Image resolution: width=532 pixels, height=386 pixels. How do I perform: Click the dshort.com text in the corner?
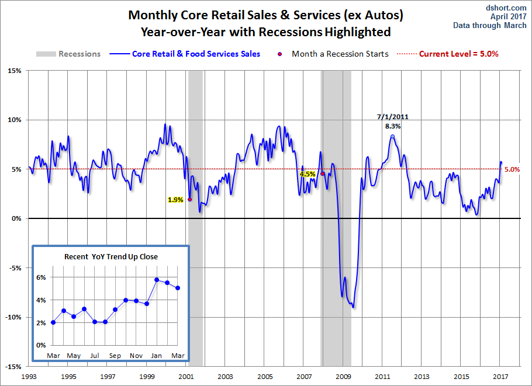tap(506, 8)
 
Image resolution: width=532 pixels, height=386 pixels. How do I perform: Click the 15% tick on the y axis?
tap(13, 71)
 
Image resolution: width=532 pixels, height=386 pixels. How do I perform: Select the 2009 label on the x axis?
tap(344, 377)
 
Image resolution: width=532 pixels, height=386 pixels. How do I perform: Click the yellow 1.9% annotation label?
tap(175, 200)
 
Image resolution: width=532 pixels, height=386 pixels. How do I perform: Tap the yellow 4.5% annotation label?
tap(308, 174)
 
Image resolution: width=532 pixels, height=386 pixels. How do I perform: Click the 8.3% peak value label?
tap(392, 126)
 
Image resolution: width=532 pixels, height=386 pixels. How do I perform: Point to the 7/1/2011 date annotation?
tap(392, 117)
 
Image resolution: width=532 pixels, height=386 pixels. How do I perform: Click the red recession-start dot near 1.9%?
tap(189, 199)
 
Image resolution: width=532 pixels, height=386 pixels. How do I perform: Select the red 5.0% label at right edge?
tap(512, 169)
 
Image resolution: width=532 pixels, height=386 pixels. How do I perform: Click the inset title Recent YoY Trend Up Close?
tap(111, 256)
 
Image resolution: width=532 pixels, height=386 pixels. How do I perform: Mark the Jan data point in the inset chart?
tap(157, 280)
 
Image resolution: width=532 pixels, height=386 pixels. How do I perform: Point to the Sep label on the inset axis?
tap(115, 356)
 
